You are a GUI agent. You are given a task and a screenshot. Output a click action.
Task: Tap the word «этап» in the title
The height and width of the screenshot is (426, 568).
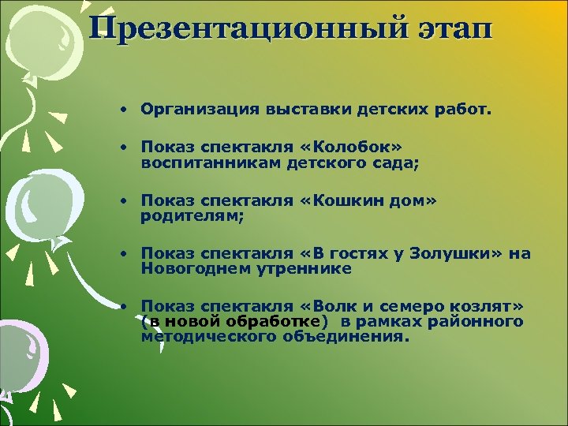(454, 28)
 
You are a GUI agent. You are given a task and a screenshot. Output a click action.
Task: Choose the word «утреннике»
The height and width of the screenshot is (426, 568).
(298, 268)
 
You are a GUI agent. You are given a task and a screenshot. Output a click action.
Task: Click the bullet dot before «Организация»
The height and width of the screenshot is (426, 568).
(125, 110)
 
